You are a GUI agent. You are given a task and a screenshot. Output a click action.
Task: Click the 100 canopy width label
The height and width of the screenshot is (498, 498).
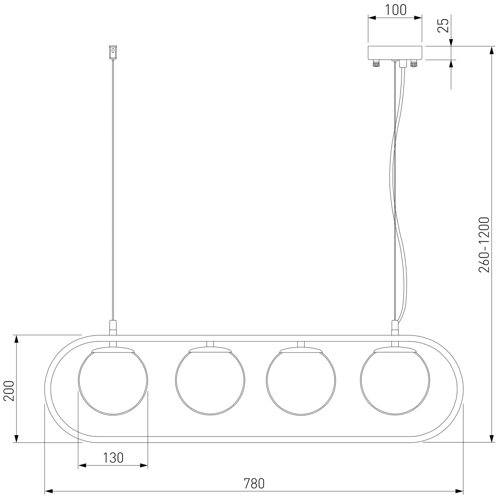396,10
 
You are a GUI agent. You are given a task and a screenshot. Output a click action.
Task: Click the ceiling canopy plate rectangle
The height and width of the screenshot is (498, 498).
395,53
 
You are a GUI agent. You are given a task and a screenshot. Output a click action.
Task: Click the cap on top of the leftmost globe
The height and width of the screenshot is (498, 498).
113,350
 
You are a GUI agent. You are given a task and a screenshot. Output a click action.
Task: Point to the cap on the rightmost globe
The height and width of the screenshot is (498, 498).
395,350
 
